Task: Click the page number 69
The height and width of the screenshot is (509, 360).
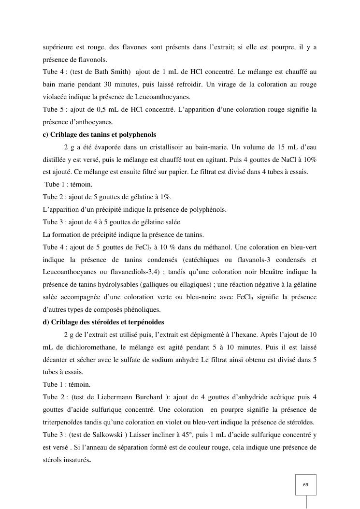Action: pyautogui.click(x=305, y=485)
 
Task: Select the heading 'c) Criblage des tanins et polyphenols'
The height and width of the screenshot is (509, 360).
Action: pyautogui.click(x=100, y=134)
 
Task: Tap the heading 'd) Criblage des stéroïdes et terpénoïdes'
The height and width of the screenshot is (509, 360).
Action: pyautogui.click(x=103, y=322)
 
